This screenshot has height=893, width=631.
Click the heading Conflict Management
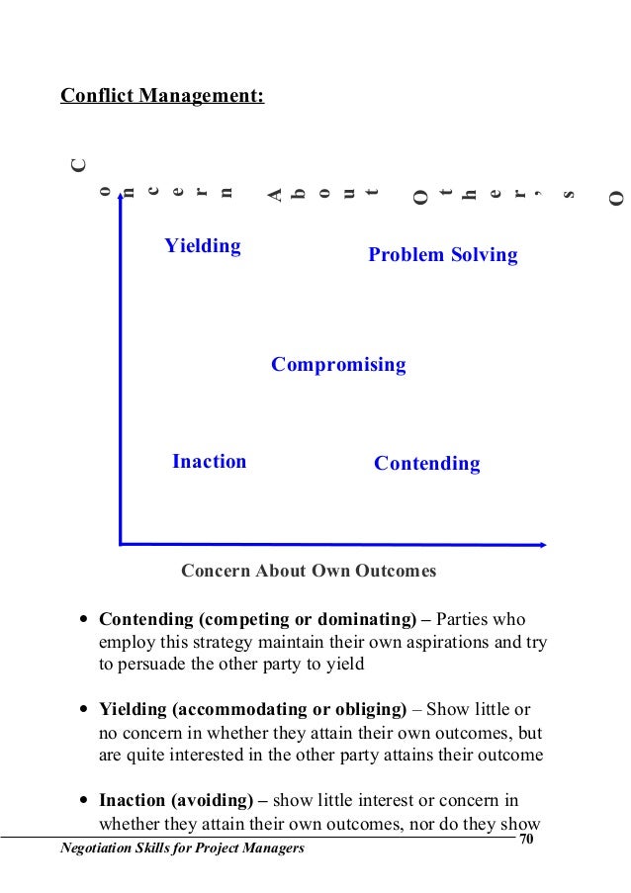[x=162, y=97]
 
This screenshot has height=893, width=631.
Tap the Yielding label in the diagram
[x=203, y=245]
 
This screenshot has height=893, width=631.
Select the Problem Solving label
[x=442, y=255]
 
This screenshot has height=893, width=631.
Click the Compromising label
[x=338, y=365]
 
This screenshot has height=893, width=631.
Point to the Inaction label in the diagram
[x=209, y=461]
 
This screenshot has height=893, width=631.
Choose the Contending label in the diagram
[x=426, y=464]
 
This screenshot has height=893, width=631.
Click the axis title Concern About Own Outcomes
[x=309, y=572]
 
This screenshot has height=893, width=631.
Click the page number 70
[x=525, y=840]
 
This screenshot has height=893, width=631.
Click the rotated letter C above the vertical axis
[x=77, y=165]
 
